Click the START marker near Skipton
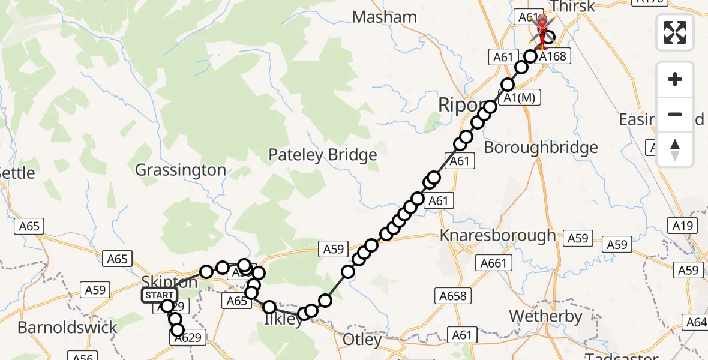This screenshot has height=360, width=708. tap(159, 295)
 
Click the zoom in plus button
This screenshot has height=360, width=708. tap(675, 79)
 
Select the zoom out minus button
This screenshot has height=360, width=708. tap(675, 114)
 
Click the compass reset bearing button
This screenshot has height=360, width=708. tap(675, 149)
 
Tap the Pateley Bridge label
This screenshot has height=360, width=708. tap(322, 155)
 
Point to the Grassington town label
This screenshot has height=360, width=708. tap(181, 170)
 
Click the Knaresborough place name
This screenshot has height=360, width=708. tap(498, 236)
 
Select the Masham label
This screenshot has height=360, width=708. tap(385, 17)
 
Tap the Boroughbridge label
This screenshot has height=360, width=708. tap(541, 148)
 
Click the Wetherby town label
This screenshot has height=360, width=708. tap(545, 316)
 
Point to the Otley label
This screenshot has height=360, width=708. tap(362, 340)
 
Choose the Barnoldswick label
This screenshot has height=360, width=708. tap(67, 328)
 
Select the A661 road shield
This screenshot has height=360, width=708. tap(494, 263)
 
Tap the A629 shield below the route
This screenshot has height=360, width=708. tap(190, 338)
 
